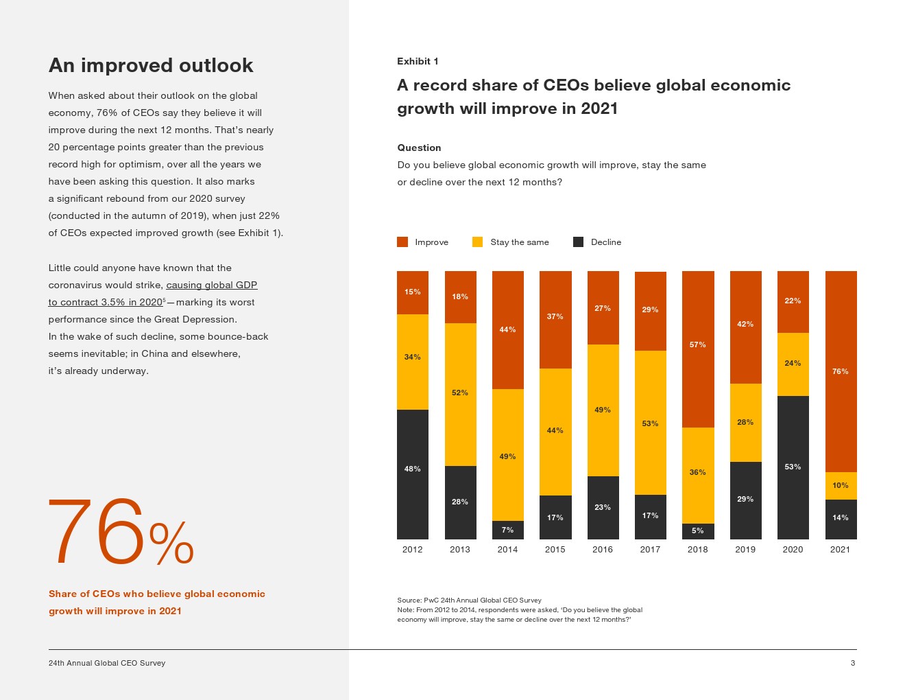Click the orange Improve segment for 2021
pyautogui.click(x=841, y=371)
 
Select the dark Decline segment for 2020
pyautogui.click(x=793, y=467)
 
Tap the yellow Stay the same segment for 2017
pyautogui.click(x=650, y=423)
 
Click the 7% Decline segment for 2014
pyautogui.click(x=507, y=530)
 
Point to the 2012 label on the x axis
pyautogui.click(x=412, y=550)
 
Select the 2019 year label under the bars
pyautogui.click(x=745, y=550)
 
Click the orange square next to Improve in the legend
pyautogui.click(x=402, y=242)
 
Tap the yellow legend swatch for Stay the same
pyautogui.click(x=478, y=242)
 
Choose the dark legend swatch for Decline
pyautogui.click(x=578, y=242)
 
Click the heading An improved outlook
pyautogui.click(x=151, y=65)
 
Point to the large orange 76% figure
pyautogui.click(x=121, y=533)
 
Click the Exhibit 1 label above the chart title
pyautogui.click(x=418, y=61)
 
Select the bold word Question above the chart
pyautogui.click(x=419, y=148)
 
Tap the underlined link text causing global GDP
pyautogui.click(x=211, y=285)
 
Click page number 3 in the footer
pyautogui.click(x=853, y=663)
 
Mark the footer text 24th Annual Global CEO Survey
pyautogui.click(x=107, y=663)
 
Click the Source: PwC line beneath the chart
pyautogui.click(x=469, y=600)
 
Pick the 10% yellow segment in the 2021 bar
pyautogui.click(x=841, y=485)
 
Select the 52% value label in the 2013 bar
pyautogui.click(x=460, y=393)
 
